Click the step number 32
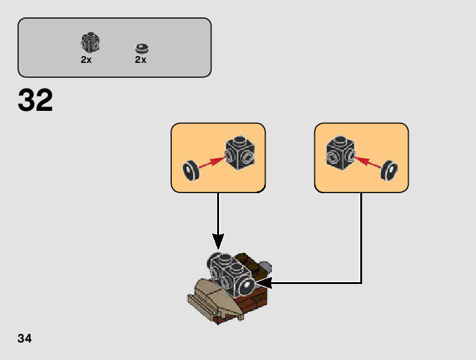click(35, 100)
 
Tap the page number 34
click(25, 338)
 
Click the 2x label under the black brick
click(86, 60)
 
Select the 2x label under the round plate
click(141, 60)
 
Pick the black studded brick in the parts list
click(90, 42)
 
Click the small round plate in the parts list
click(142, 47)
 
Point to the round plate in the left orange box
click(190, 170)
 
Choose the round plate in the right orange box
click(390, 169)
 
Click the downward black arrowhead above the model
click(218, 240)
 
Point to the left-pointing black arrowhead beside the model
click(269, 283)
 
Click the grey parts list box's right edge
click(211, 47)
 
